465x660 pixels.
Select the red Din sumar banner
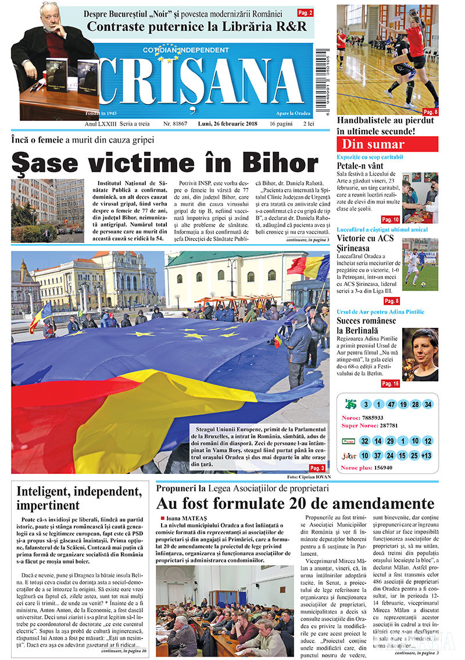tap(387, 144)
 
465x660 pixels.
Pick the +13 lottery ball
tap(428, 455)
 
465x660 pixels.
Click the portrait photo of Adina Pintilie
tap(421, 354)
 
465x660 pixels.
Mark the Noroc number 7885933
tap(372, 418)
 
